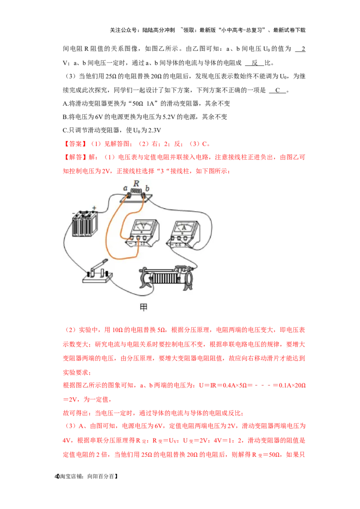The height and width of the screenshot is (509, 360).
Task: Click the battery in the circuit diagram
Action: (85, 225)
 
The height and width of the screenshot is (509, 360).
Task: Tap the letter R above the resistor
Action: (136, 183)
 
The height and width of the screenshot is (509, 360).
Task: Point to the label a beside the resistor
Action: (125, 188)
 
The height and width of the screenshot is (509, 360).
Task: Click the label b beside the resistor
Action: (148, 188)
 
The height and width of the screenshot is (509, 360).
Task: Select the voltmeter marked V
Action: (143, 233)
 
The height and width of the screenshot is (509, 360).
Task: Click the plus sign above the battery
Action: (94, 208)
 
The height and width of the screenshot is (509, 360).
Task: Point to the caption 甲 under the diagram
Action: (143, 307)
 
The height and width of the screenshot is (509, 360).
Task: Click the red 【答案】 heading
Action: (75, 144)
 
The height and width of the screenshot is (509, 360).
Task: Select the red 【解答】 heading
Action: (75, 157)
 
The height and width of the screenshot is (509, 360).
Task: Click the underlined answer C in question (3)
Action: (278, 90)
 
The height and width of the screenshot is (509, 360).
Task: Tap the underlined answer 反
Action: (254, 63)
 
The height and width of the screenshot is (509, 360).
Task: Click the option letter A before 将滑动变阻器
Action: (65, 103)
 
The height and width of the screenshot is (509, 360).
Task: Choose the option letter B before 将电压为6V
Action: (65, 117)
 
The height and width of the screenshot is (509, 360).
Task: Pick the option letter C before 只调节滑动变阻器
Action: (65, 130)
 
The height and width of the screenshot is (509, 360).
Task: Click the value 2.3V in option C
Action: (155, 130)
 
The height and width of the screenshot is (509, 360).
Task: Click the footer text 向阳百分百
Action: (101, 477)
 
